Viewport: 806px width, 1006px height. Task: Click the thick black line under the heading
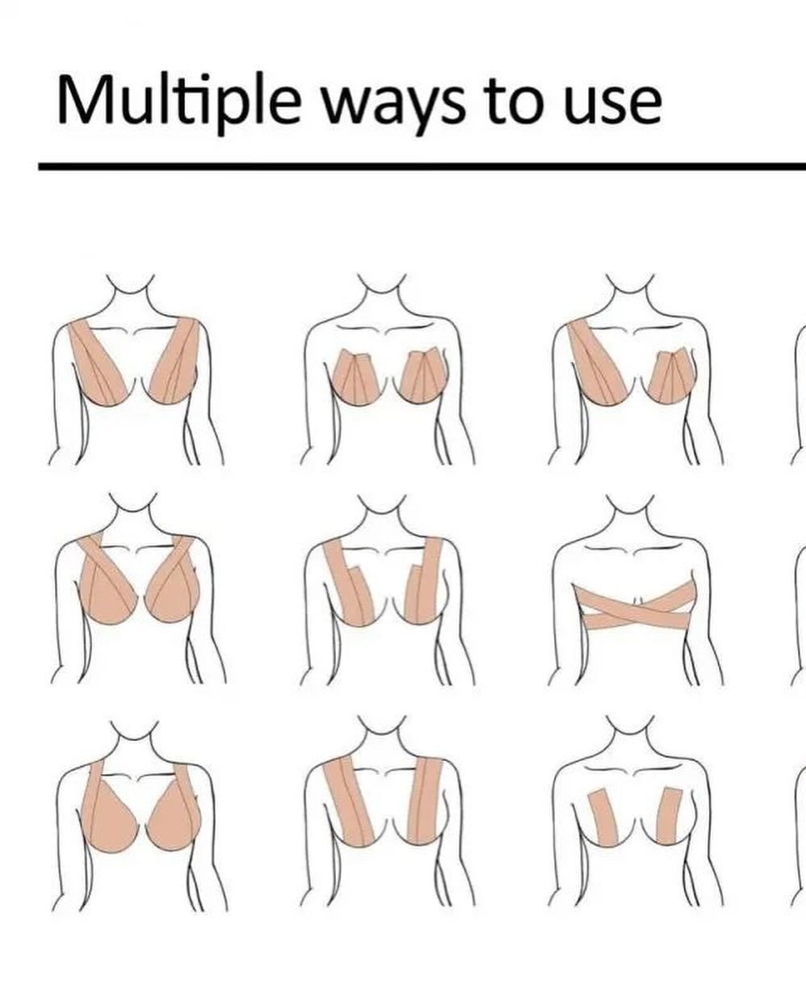coord(422,167)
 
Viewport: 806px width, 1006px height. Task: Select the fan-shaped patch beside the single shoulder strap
coord(672,376)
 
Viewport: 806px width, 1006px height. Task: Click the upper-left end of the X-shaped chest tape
coord(576,590)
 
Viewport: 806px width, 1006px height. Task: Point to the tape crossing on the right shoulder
coord(183,547)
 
